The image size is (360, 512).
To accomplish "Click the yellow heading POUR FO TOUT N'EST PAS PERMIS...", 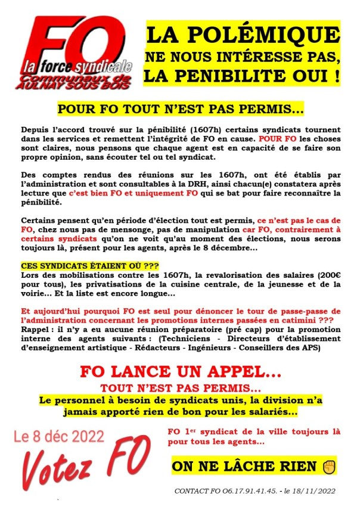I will [179, 110].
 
